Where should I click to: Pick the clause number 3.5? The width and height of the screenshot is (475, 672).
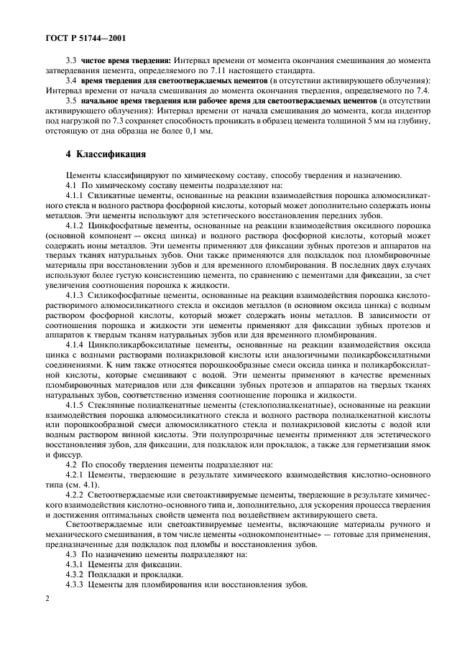coord(71,102)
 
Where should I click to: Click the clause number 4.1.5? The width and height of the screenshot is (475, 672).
coord(75,406)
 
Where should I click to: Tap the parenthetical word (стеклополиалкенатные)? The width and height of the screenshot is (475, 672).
coord(285,406)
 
